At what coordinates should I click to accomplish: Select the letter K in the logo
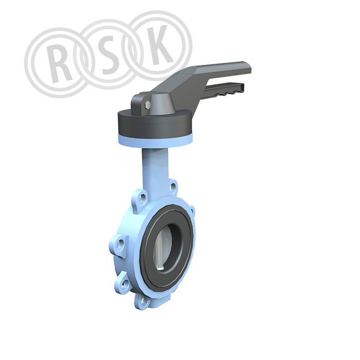(x=158, y=44)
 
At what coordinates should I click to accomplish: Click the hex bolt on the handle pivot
(x=148, y=105)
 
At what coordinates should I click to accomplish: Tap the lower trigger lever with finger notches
(x=223, y=89)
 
